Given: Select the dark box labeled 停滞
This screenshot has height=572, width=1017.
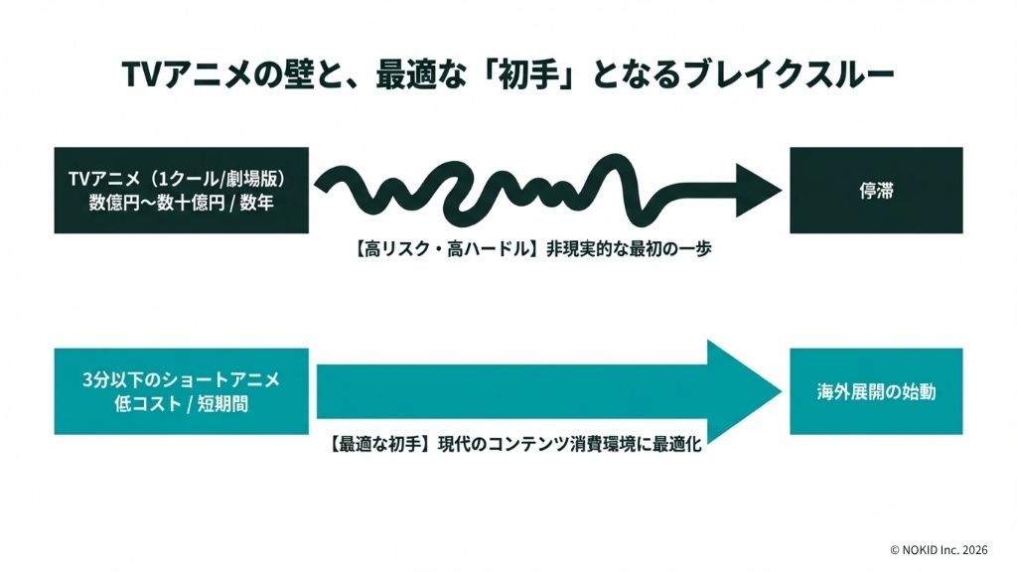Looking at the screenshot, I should click(876, 190).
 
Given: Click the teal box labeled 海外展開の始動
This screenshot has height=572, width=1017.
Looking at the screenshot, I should click(876, 391).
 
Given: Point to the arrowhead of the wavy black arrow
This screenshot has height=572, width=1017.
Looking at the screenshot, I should click(759, 187).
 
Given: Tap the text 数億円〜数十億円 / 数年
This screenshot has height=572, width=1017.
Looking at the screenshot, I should click(181, 202).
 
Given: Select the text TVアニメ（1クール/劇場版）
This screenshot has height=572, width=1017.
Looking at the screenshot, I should click(181, 179).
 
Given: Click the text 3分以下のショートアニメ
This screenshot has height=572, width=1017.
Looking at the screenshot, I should click(181, 380).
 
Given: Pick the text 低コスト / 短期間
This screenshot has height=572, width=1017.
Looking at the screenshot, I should click(181, 404).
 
